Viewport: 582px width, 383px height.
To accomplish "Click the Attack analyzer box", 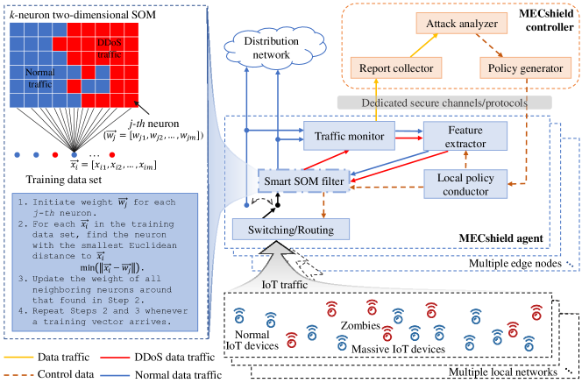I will click(446, 27).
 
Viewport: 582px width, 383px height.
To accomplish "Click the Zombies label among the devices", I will click(361, 325).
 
